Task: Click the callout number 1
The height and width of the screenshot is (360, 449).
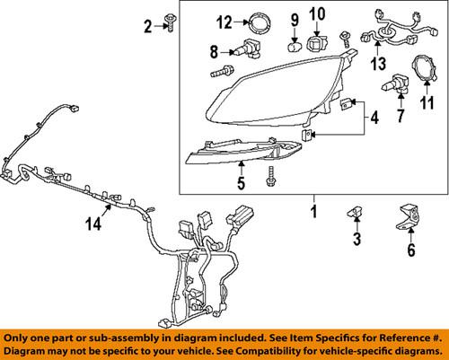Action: tap(313, 213)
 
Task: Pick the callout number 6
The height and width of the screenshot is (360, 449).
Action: tap(411, 252)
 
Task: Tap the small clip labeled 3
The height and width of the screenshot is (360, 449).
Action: tap(356, 213)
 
